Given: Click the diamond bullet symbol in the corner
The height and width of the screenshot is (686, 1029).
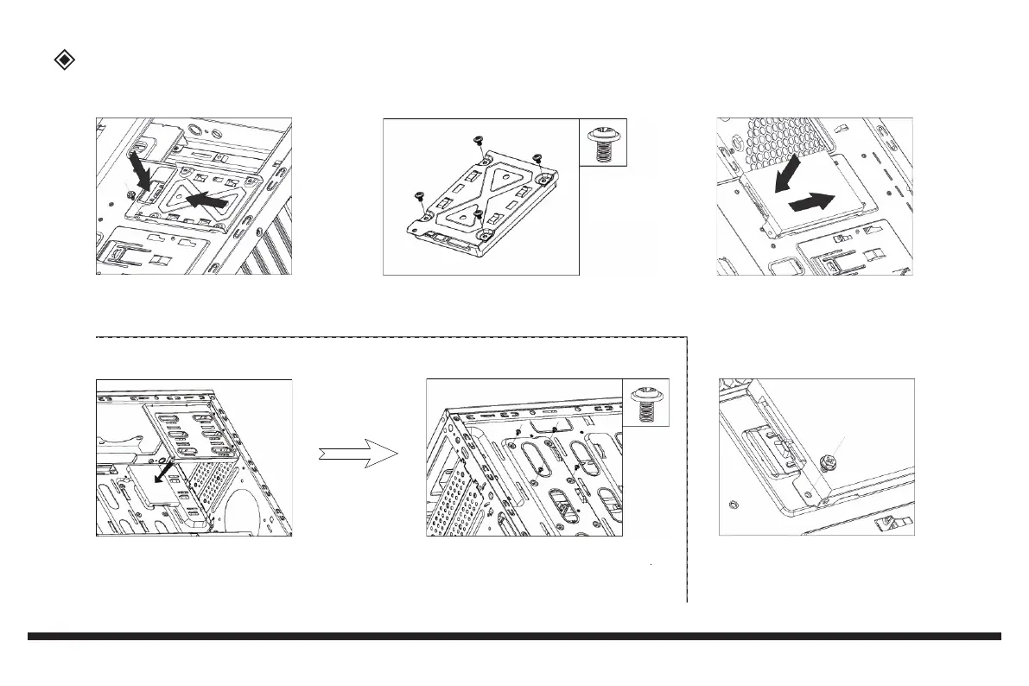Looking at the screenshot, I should tap(64, 60).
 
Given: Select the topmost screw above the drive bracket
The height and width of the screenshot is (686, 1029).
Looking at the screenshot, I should tap(476, 140).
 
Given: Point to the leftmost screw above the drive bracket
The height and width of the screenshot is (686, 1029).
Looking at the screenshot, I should tap(419, 195).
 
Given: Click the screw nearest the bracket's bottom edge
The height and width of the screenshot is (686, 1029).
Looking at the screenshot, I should tap(476, 213).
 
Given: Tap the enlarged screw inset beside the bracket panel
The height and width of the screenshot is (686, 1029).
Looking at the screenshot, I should tap(603, 143).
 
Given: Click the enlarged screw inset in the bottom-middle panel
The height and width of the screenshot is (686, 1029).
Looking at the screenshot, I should tap(646, 403).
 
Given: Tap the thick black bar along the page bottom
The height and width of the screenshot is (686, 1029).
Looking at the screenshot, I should tap(514, 637).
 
